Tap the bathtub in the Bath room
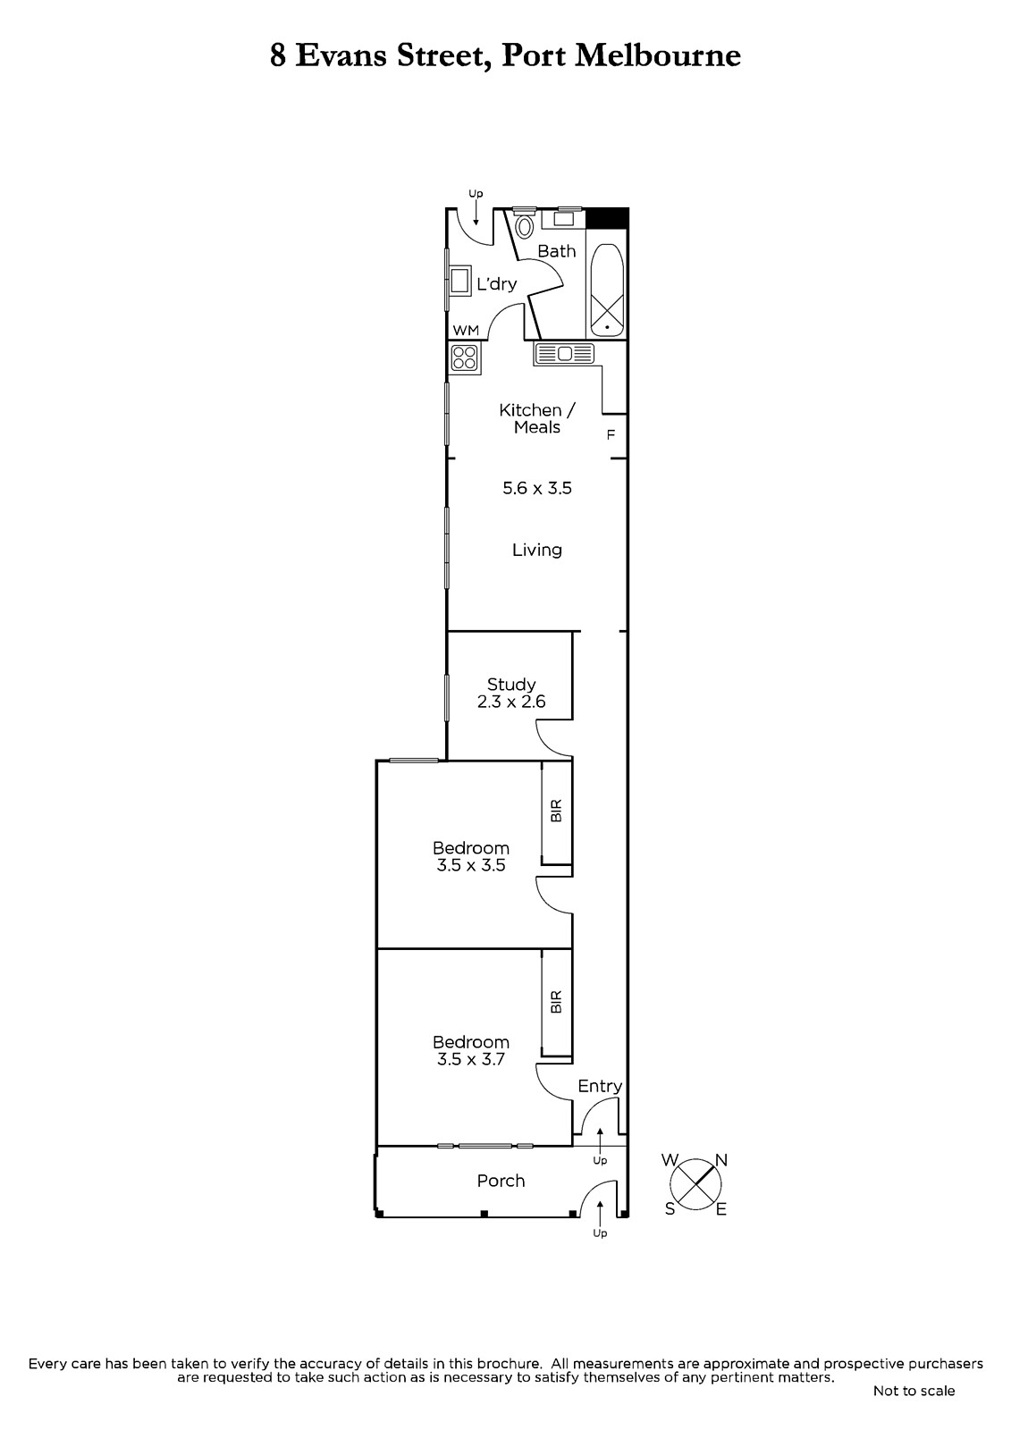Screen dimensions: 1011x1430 (607, 290)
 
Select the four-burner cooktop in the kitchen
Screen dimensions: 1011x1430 (464, 357)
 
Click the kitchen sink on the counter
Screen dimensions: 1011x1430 (565, 354)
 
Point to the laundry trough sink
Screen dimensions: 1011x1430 (459, 281)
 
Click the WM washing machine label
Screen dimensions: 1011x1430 (466, 330)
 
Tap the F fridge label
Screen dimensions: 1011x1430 (611, 434)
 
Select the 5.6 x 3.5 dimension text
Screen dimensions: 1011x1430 (537, 488)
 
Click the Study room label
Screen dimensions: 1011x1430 (511, 685)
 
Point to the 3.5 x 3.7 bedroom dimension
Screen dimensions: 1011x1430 (471, 1059)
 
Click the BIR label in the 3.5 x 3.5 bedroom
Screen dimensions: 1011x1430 (556, 810)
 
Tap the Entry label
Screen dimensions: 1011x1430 (600, 1086)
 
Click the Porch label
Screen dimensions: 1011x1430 (501, 1181)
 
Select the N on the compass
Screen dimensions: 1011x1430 (721, 1160)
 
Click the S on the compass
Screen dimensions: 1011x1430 (670, 1208)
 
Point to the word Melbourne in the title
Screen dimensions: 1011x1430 (659, 55)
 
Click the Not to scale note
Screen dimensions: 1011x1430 (914, 1391)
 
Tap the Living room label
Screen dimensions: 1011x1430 (537, 550)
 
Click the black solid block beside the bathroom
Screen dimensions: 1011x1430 (607, 218)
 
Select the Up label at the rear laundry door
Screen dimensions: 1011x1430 (476, 193)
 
